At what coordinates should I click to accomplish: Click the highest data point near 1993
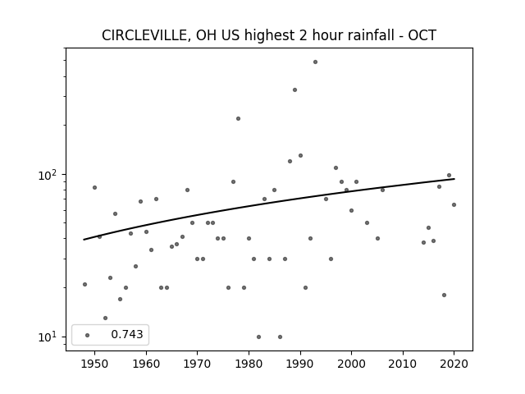tap(315, 62)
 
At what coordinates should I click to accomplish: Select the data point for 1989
tap(294, 89)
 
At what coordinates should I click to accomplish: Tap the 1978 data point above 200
tap(238, 118)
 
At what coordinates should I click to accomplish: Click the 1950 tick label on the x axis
tap(95, 364)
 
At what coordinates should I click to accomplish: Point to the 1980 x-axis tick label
tap(249, 364)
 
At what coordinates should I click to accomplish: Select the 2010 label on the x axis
tap(403, 364)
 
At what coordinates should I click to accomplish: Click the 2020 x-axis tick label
tap(454, 364)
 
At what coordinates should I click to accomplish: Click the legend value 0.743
tap(127, 334)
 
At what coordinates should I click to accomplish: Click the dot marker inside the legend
tap(88, 335)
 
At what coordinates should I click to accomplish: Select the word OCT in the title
tap(422, 35)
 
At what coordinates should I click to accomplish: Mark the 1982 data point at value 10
tap(259, 337)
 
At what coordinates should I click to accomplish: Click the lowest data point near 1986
tap(280, 337)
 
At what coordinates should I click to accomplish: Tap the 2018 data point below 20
tap(444, 295)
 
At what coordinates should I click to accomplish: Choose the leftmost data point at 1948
tap(84, 285)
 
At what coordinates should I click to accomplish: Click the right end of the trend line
tap(454, 179)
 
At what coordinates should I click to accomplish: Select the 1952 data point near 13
tap(106, 318)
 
